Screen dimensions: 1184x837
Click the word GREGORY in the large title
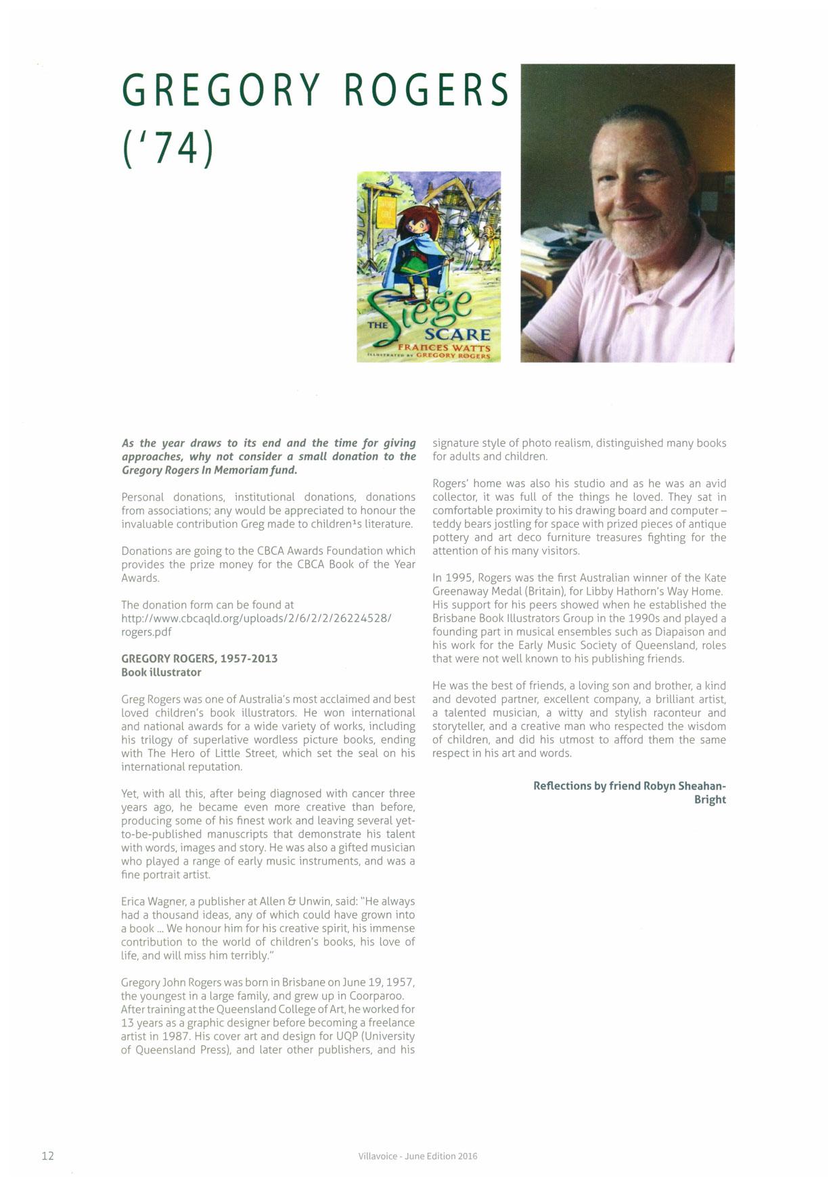pos(221,89)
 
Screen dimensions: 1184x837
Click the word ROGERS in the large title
pos(426,89)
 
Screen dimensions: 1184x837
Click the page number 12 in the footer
pos(47,1156)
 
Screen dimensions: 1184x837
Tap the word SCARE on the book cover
pos(457,335)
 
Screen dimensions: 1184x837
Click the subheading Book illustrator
pos(161,673)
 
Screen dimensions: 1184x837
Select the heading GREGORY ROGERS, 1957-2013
pos(199,659)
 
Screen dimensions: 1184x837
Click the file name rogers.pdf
pos(146,632)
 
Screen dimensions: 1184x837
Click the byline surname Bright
pos(710,800)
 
